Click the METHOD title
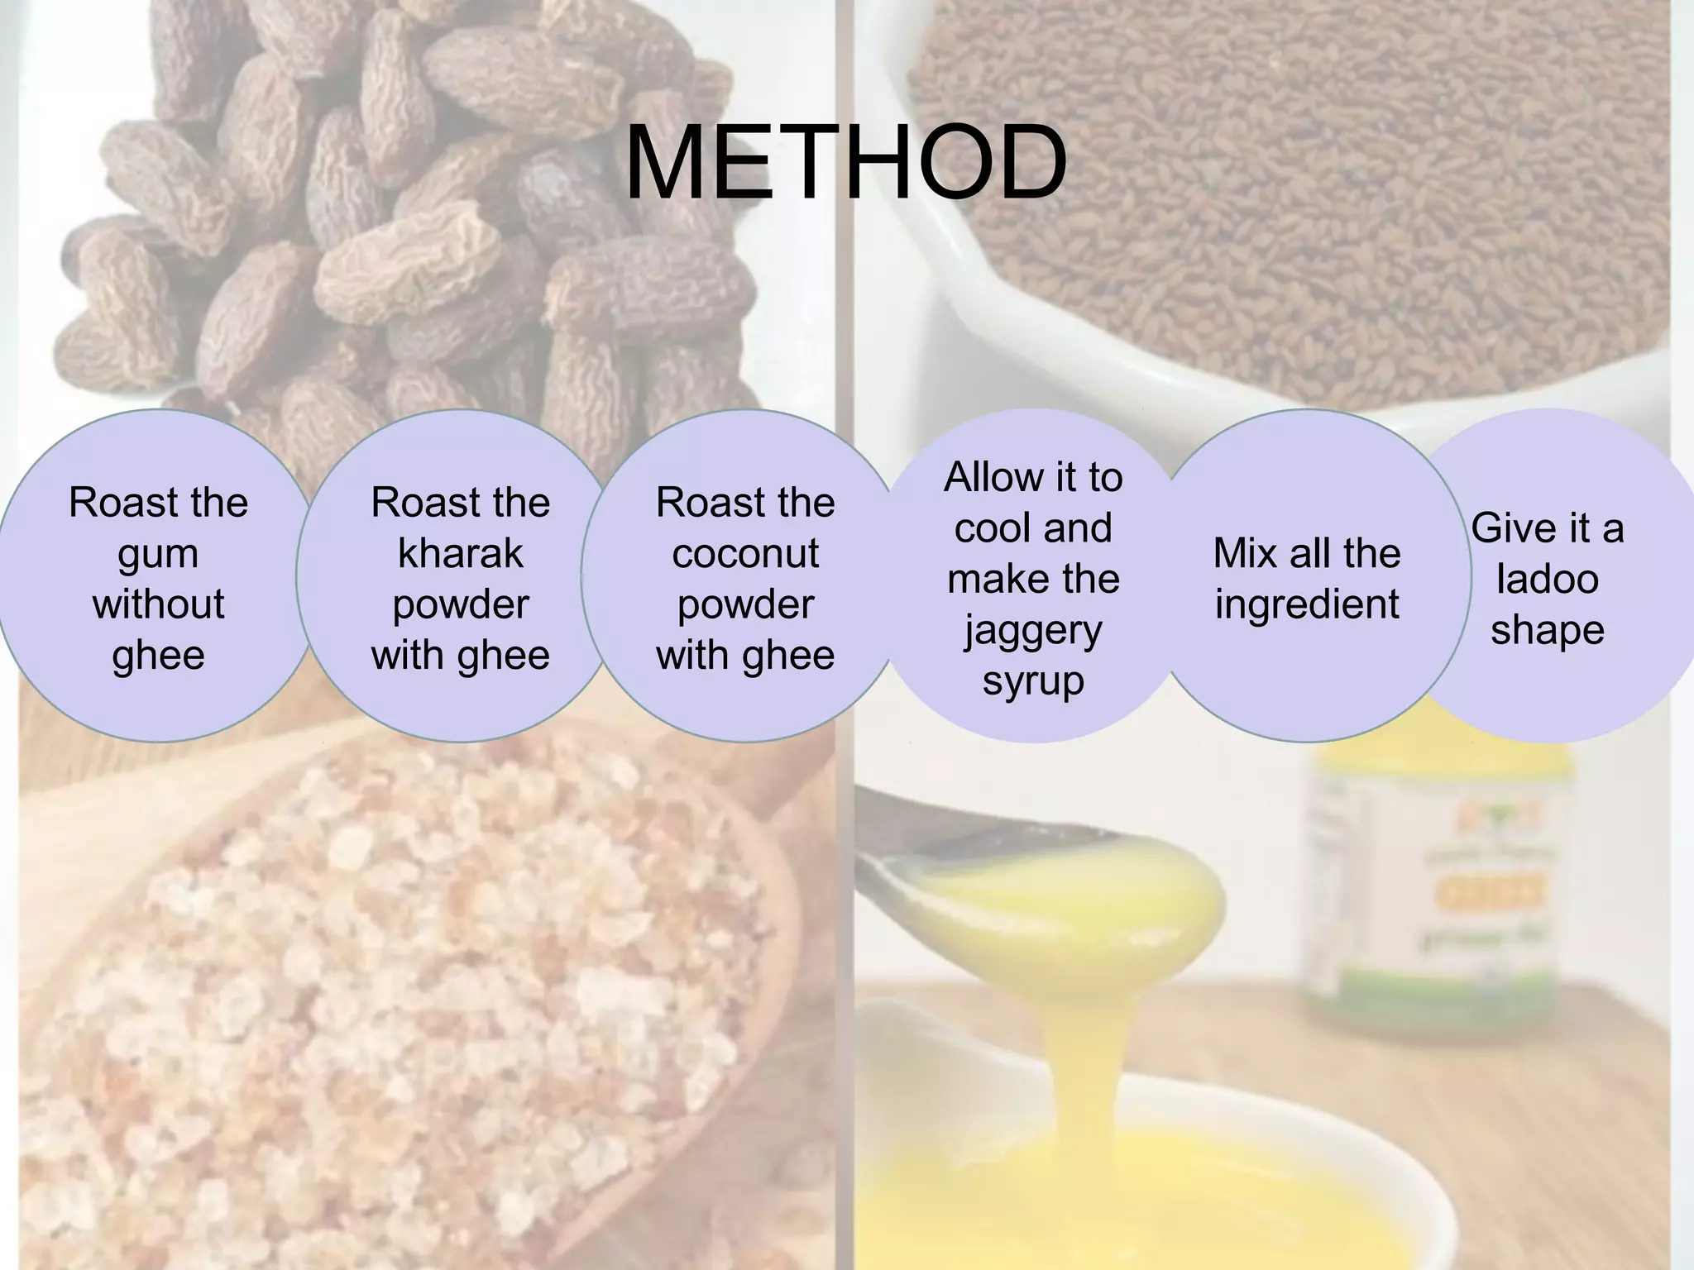pyautogui.click(x=845, y=163)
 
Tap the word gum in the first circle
pyautogui.click(x=158, y=555)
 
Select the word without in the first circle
pyautogui.click(x=158, y=604)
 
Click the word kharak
pyautogui.click(x=460, y=553)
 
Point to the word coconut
pyautogui.click(x=745, y=553)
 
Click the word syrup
pyautogui.click(x=1033, y=682)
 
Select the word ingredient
pyautogui.click(x=1307, y=604)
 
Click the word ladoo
pyautogui.click(x=1547, y=578)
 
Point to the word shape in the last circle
pyautogui.click(x=1547, y=630)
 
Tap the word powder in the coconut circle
pyautogui.click(x=745, y=604)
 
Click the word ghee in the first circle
pyautogui.click(x=158, y=655)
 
